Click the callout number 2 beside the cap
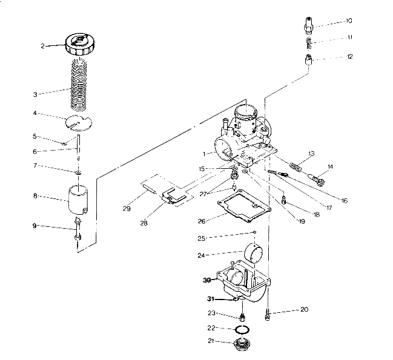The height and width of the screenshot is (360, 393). pos(43,45)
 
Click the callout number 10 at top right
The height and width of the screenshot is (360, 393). pos(349,21)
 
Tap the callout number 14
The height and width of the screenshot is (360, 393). pos(331,166)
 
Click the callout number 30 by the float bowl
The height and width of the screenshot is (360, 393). pos(208,280)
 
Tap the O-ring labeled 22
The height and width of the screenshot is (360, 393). pos(242,329)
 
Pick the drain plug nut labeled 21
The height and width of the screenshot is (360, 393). pos(242,347)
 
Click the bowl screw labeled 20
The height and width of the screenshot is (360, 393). pos(268,315)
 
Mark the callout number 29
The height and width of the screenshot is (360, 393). pos(127,209)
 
